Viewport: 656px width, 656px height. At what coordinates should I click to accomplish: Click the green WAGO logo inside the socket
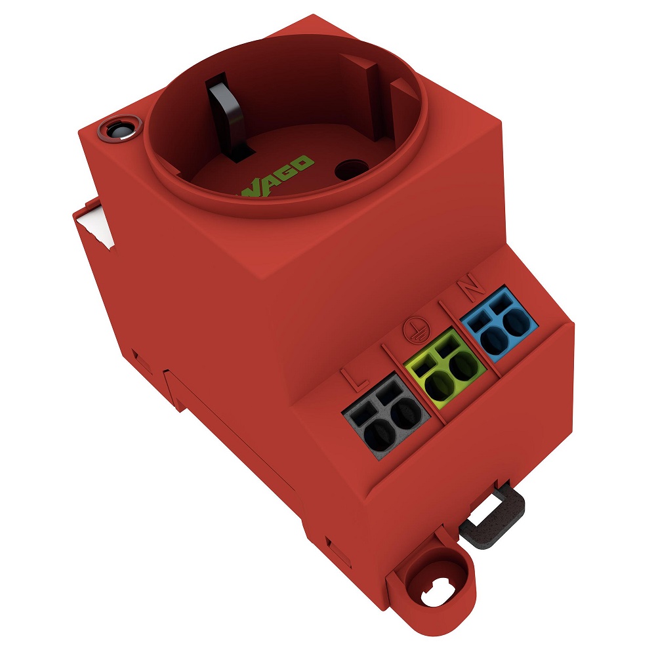(x=276, y=178)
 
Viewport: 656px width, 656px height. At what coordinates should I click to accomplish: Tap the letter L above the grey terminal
(x=355, y=379)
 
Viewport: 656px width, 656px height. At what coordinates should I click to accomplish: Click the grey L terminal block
(x=386, y=417)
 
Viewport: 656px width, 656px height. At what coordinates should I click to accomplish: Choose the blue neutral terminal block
(x=499, y=323)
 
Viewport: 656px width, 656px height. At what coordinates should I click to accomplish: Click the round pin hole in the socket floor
(x=352, y=169)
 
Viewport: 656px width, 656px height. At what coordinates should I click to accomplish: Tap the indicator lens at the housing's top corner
(x=119, y=128)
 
